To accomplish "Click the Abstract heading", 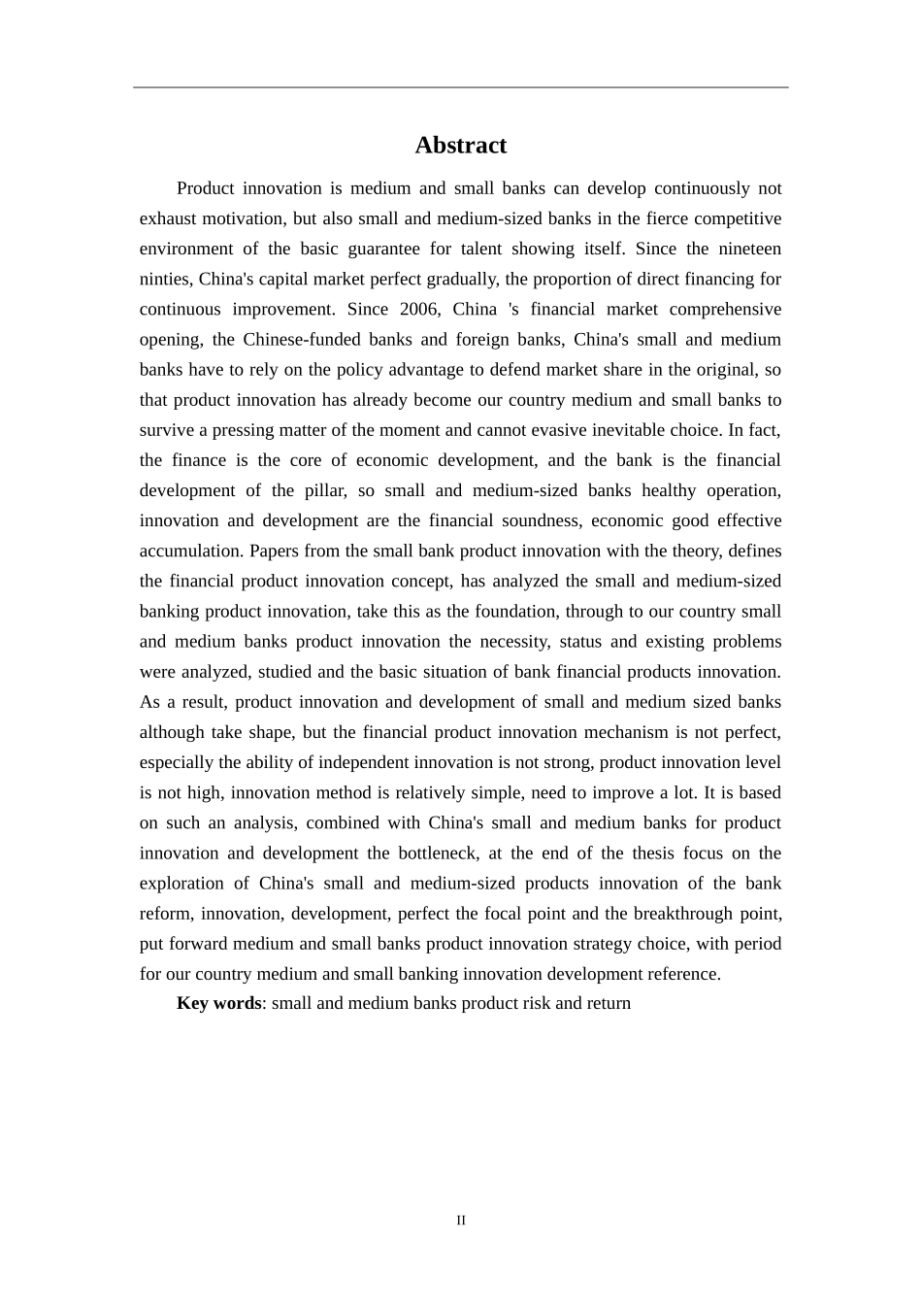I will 460,146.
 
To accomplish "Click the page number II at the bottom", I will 461,1221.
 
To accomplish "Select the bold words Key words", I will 218,1003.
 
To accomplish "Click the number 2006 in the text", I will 420,309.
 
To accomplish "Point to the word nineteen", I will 749,249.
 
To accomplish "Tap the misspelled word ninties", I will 165,279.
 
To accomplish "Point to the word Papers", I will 274,551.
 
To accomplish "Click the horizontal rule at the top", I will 460,87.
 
